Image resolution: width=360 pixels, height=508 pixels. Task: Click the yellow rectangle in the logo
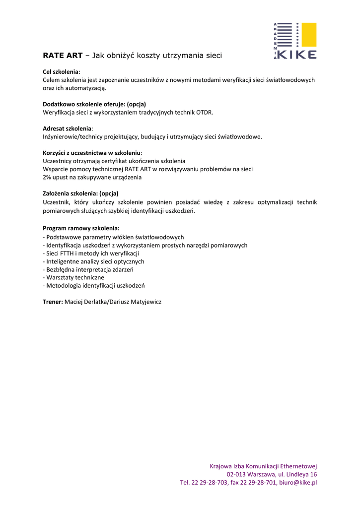coord(309,35)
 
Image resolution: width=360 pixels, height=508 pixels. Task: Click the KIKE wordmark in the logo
coord(297,55)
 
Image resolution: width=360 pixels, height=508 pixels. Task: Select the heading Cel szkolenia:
coord(62,71)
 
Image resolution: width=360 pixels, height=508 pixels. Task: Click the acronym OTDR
coord(204,112)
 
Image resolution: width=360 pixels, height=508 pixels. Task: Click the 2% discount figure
coord(47,177)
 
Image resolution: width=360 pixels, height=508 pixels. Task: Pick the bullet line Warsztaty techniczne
coord(75,277)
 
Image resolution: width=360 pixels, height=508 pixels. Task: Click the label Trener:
coord(53,302)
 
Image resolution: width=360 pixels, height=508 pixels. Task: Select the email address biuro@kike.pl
coord(298,482)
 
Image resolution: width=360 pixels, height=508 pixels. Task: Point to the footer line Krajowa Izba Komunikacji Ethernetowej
coord(263,466)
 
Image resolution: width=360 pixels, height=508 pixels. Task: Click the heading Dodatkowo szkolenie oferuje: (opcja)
coord(94,104)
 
